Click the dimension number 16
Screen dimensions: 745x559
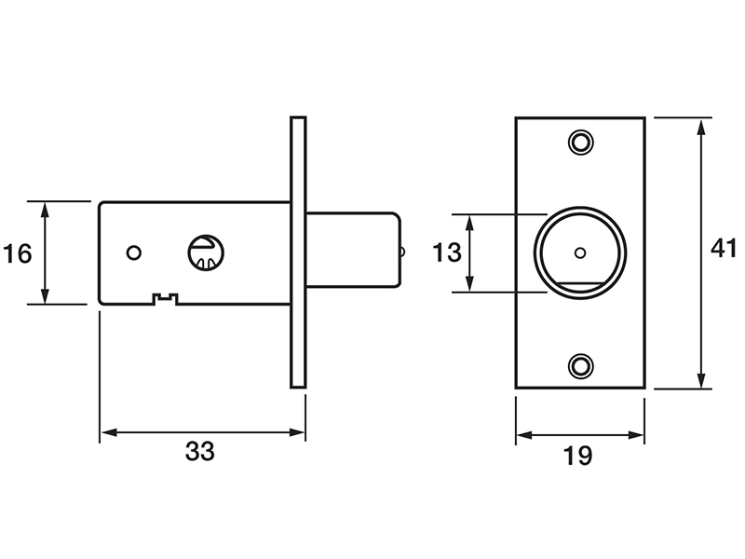coord(17,253)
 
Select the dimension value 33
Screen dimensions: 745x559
coord(200,451)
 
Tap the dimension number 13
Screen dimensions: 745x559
coord(447,252)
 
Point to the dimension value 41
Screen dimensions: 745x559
coord(724,248)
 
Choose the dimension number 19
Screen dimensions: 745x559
coord(577,456)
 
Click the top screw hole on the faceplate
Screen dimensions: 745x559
coord(580,142)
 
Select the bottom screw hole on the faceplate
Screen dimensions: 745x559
coord(580,366)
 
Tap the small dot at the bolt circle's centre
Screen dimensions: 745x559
coord(580,252)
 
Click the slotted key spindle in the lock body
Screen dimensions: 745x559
coord(206,252)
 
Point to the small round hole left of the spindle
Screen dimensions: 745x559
coord(134,252)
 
